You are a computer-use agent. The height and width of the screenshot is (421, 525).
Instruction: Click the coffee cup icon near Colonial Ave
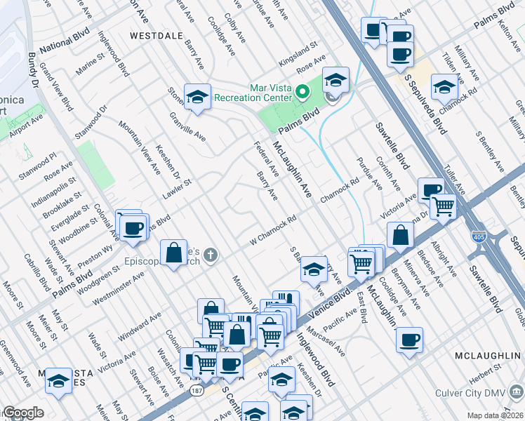point(133,227)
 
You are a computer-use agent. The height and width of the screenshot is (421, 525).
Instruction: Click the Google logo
point(22,413)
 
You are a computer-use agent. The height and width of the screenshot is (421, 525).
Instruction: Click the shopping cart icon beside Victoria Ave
point(443,205)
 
